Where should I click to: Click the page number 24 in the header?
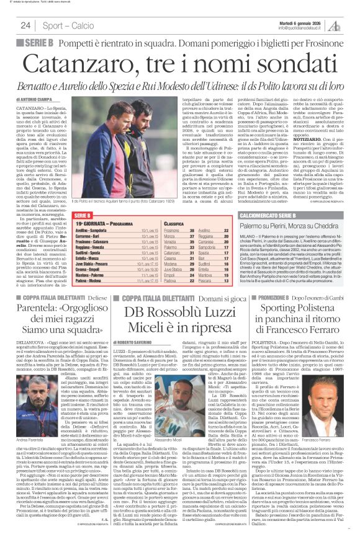click(26, 25)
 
